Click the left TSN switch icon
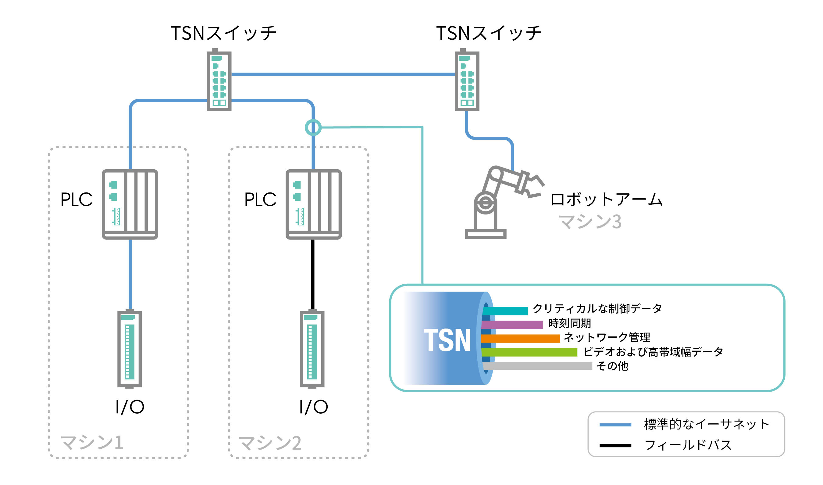[219, 80]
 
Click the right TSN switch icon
[467, 80]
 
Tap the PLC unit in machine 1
[130, 204]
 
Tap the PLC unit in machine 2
[314, 204]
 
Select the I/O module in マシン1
[130, 349]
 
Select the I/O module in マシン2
[312, 349]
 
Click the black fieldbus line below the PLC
[313, 275]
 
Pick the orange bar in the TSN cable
[521, 339]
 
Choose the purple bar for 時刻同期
[512, 325]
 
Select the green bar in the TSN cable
[529, 352]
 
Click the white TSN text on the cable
[447, 340]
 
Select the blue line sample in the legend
[615, 425]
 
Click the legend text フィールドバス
[688, 445]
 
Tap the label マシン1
[92, 443]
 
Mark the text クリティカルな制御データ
[597, 308]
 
